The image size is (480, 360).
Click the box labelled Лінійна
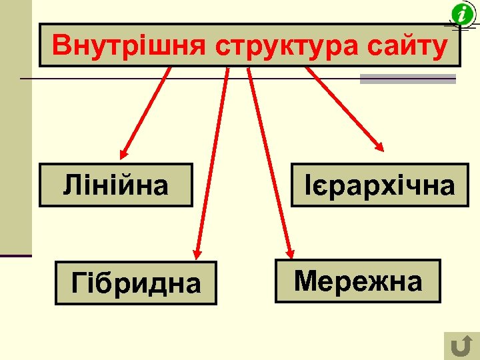click(x=115, y=185)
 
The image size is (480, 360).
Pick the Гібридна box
click(x=135, y=283)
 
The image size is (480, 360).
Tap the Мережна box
click(x=358, y=281)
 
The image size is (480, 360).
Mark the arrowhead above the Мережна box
click(x=290, y=252)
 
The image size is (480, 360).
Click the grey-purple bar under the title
click(x=407, y=79)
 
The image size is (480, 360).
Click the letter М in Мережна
click(x=304, y=281)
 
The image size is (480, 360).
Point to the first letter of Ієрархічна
click(x=308, y=185)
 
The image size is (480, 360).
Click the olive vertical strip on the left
click(x=15, y=127)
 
